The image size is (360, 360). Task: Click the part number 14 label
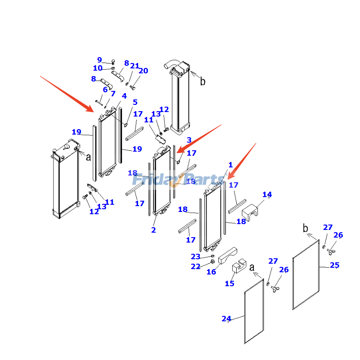pos(267,195)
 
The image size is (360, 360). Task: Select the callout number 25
pos(334,265)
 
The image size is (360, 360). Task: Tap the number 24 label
pos(226,319)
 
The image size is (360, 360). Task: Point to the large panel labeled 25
pos(306,275)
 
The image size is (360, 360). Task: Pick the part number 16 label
pos(211,272)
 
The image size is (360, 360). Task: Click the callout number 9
pos(99,60)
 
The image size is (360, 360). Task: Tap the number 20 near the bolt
pos(143,71)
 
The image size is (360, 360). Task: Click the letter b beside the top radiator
pos(202,81)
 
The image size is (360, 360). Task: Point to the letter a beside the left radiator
pos(88,157)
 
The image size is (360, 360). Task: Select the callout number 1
pos(230,165)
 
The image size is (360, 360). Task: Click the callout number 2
pos(153,230)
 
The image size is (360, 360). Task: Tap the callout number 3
pos(189,140)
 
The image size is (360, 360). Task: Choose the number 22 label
pos(195,266)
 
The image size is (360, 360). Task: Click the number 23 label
pos(195,256)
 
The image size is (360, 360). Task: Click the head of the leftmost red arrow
pos(92,110)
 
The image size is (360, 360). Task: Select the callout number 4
pos(124,96)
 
